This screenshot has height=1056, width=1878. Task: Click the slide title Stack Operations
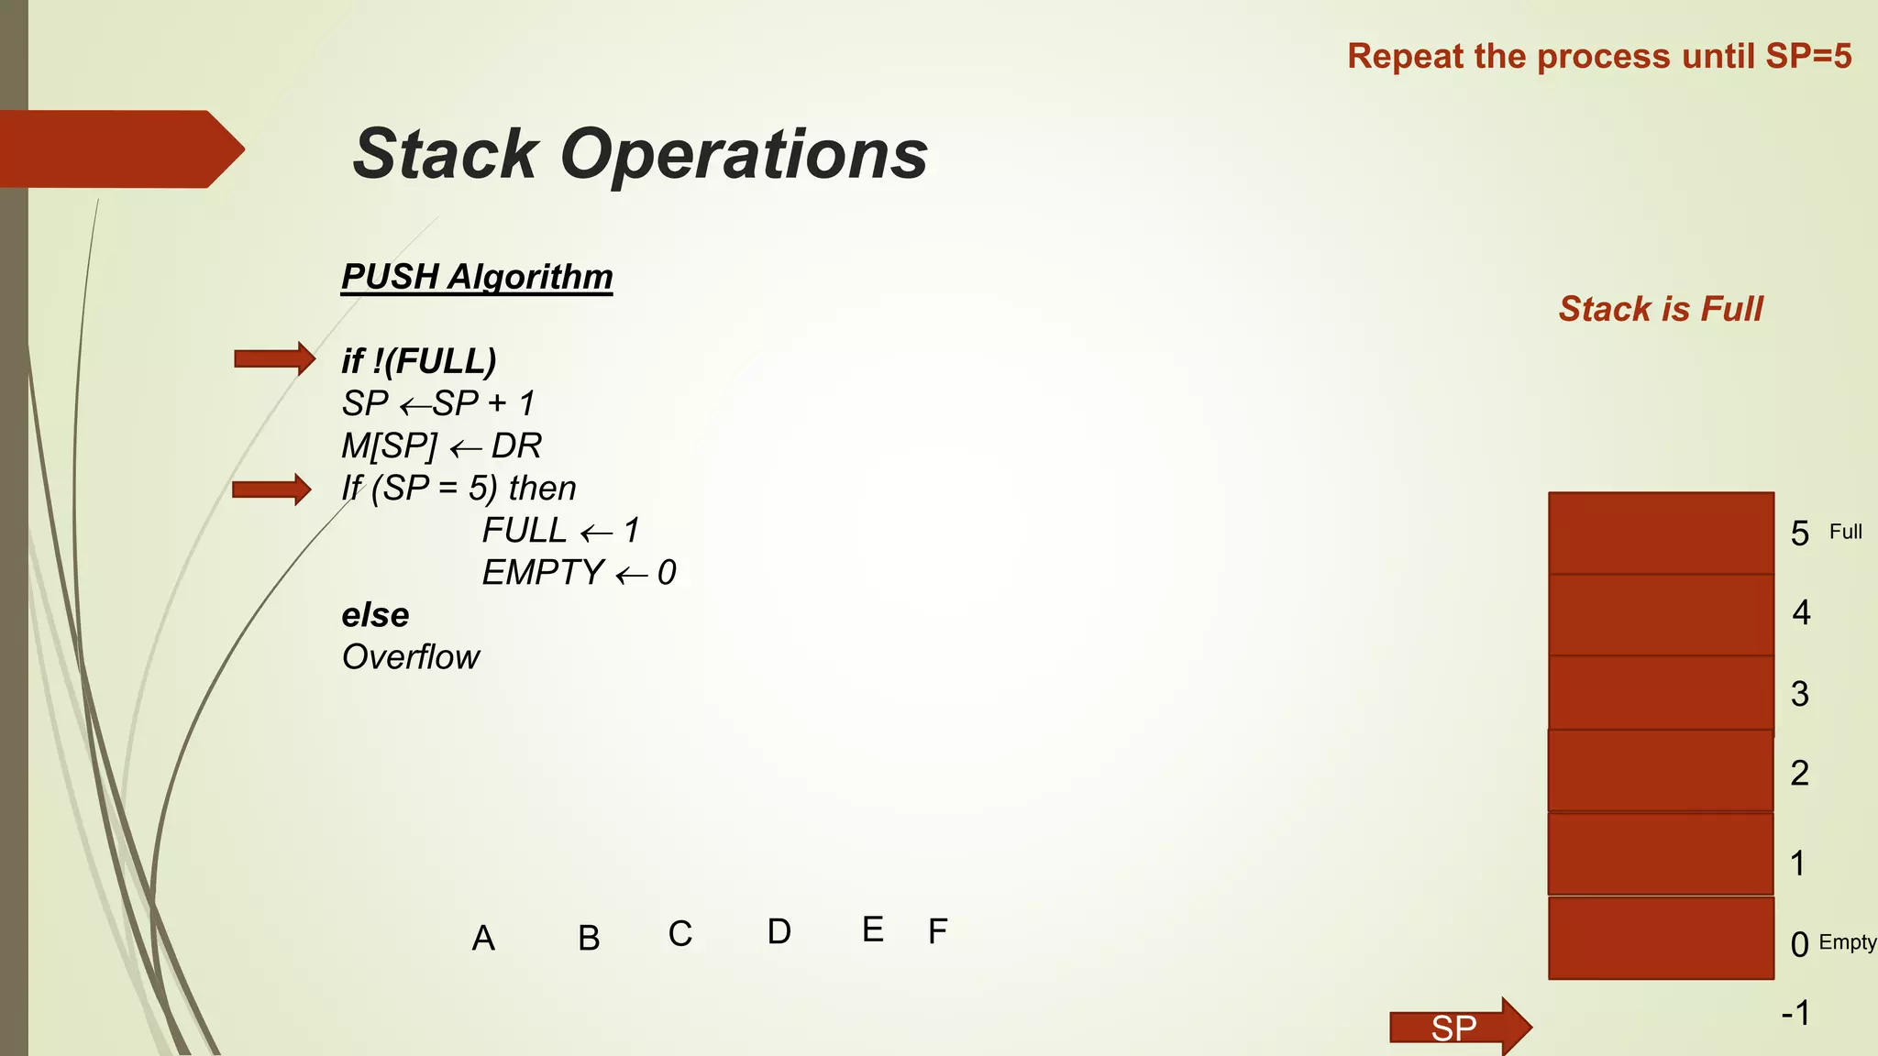click(x=640, y=154)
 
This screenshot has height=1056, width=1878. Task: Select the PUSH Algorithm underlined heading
click(x=477, y=277)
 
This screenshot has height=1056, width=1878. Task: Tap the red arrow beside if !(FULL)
click(x=274, y=358)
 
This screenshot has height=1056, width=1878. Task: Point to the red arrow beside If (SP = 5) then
click(x=271, y=489)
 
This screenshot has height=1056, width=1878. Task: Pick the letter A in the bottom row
click(x=483, y=939)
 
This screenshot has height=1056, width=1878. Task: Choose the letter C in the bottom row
click(x=679, y=934)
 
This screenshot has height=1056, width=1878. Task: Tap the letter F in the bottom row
click(x=937, y=931)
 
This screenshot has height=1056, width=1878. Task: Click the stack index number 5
click(x=1800, y=533)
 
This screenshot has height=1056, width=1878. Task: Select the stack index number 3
click(x=1800, y=694)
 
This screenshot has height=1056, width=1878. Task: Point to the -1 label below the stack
click(x=1795, y=1014)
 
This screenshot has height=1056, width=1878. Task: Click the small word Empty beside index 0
click(x=1847, y=942)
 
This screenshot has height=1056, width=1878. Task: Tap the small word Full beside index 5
click(x=1845, y=532)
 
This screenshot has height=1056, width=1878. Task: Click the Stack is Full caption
click(x=1661, y=309)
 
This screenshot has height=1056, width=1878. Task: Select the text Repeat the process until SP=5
click(x=1599, y=57)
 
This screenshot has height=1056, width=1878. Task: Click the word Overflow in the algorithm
click(x=411, y=657)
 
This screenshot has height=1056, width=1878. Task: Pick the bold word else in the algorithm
click(x=375, y=615)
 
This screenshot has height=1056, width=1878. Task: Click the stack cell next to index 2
click(x=1661, y=771)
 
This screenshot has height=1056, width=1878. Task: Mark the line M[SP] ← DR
click(x=442, y=446)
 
